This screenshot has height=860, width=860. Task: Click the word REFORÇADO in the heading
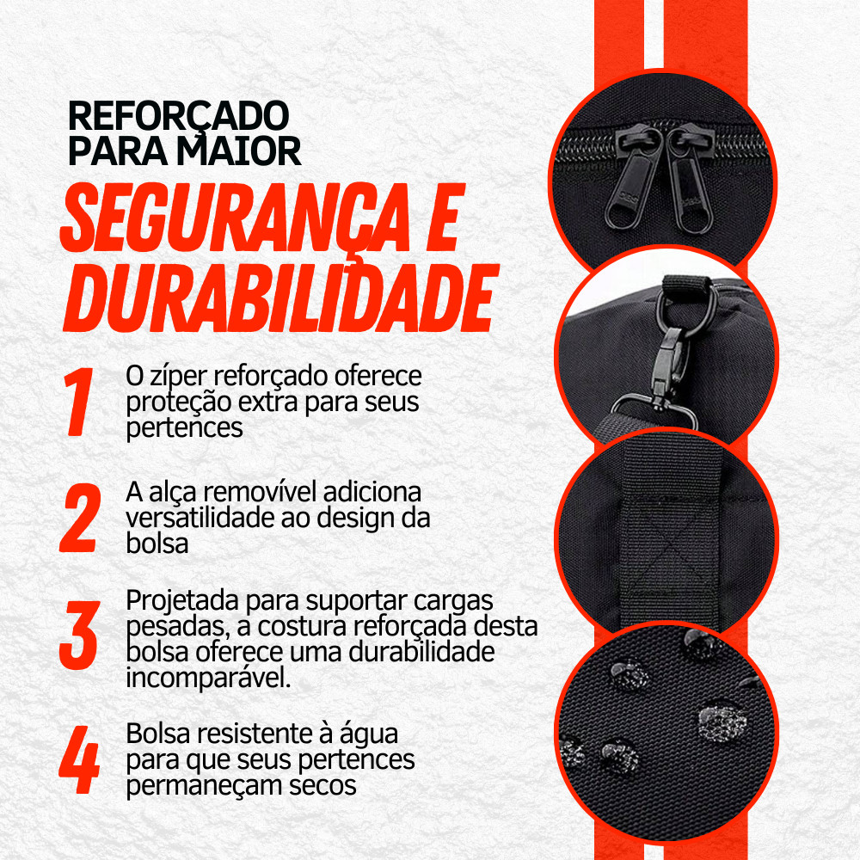point(178,117)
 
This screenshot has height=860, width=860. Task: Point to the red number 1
point(78,402)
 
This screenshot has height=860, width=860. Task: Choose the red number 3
point(79,635)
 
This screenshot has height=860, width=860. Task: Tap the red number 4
point(79,759)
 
